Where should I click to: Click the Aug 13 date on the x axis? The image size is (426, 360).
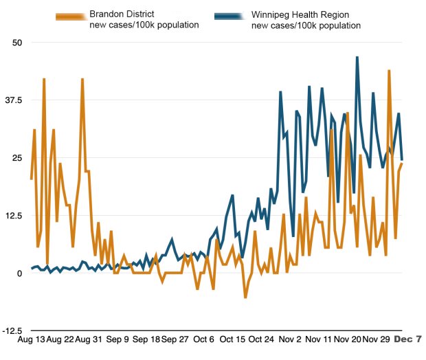[32, 339]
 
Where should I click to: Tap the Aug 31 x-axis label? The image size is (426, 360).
[89, 339]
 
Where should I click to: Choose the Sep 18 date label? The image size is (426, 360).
[146, 339]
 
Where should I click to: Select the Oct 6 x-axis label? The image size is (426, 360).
[204, 339]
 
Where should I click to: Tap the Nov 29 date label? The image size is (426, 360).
[377, 339]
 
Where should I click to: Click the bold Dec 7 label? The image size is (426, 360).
[412, 339]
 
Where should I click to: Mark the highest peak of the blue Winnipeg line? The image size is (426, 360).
[357, 58]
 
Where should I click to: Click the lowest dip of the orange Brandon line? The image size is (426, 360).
[245, 297]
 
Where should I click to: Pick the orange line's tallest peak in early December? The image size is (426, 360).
[389, 71]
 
